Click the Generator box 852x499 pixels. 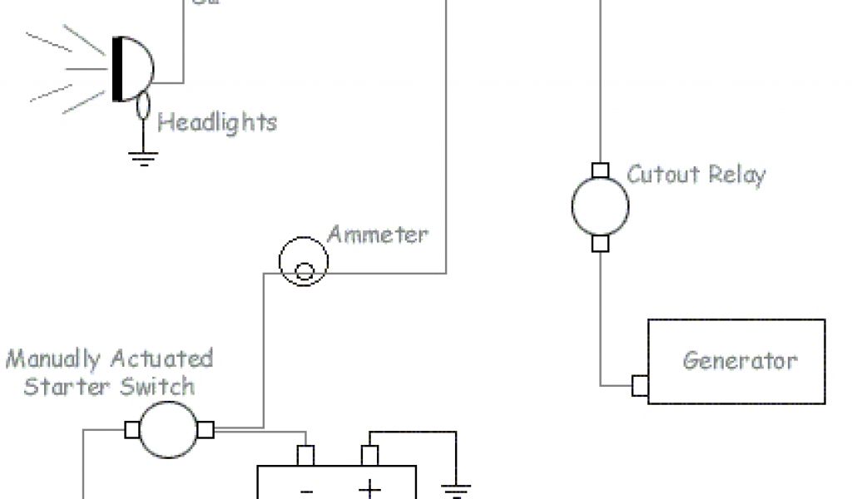coord(736,362)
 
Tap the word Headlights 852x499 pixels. coord(217,123)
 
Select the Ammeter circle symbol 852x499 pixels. coord(303,263)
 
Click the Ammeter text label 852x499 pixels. coord(378,235)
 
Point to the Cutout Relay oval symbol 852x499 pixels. coord(599,207)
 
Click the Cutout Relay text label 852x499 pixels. coord(696,175)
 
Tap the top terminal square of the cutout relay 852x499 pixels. coord(599,171)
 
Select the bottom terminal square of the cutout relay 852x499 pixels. coord(599,243)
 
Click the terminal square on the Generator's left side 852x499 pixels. coord(640,386)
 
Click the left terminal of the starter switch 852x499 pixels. coord(131,430)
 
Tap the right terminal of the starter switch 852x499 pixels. coord(206,430)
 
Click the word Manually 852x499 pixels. coord(54,360)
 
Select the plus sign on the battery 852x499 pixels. coord(369,489)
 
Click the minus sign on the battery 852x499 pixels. coord(305,491)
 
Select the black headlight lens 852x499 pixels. coord(118,68)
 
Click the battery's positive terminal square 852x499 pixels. coord(369,456)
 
